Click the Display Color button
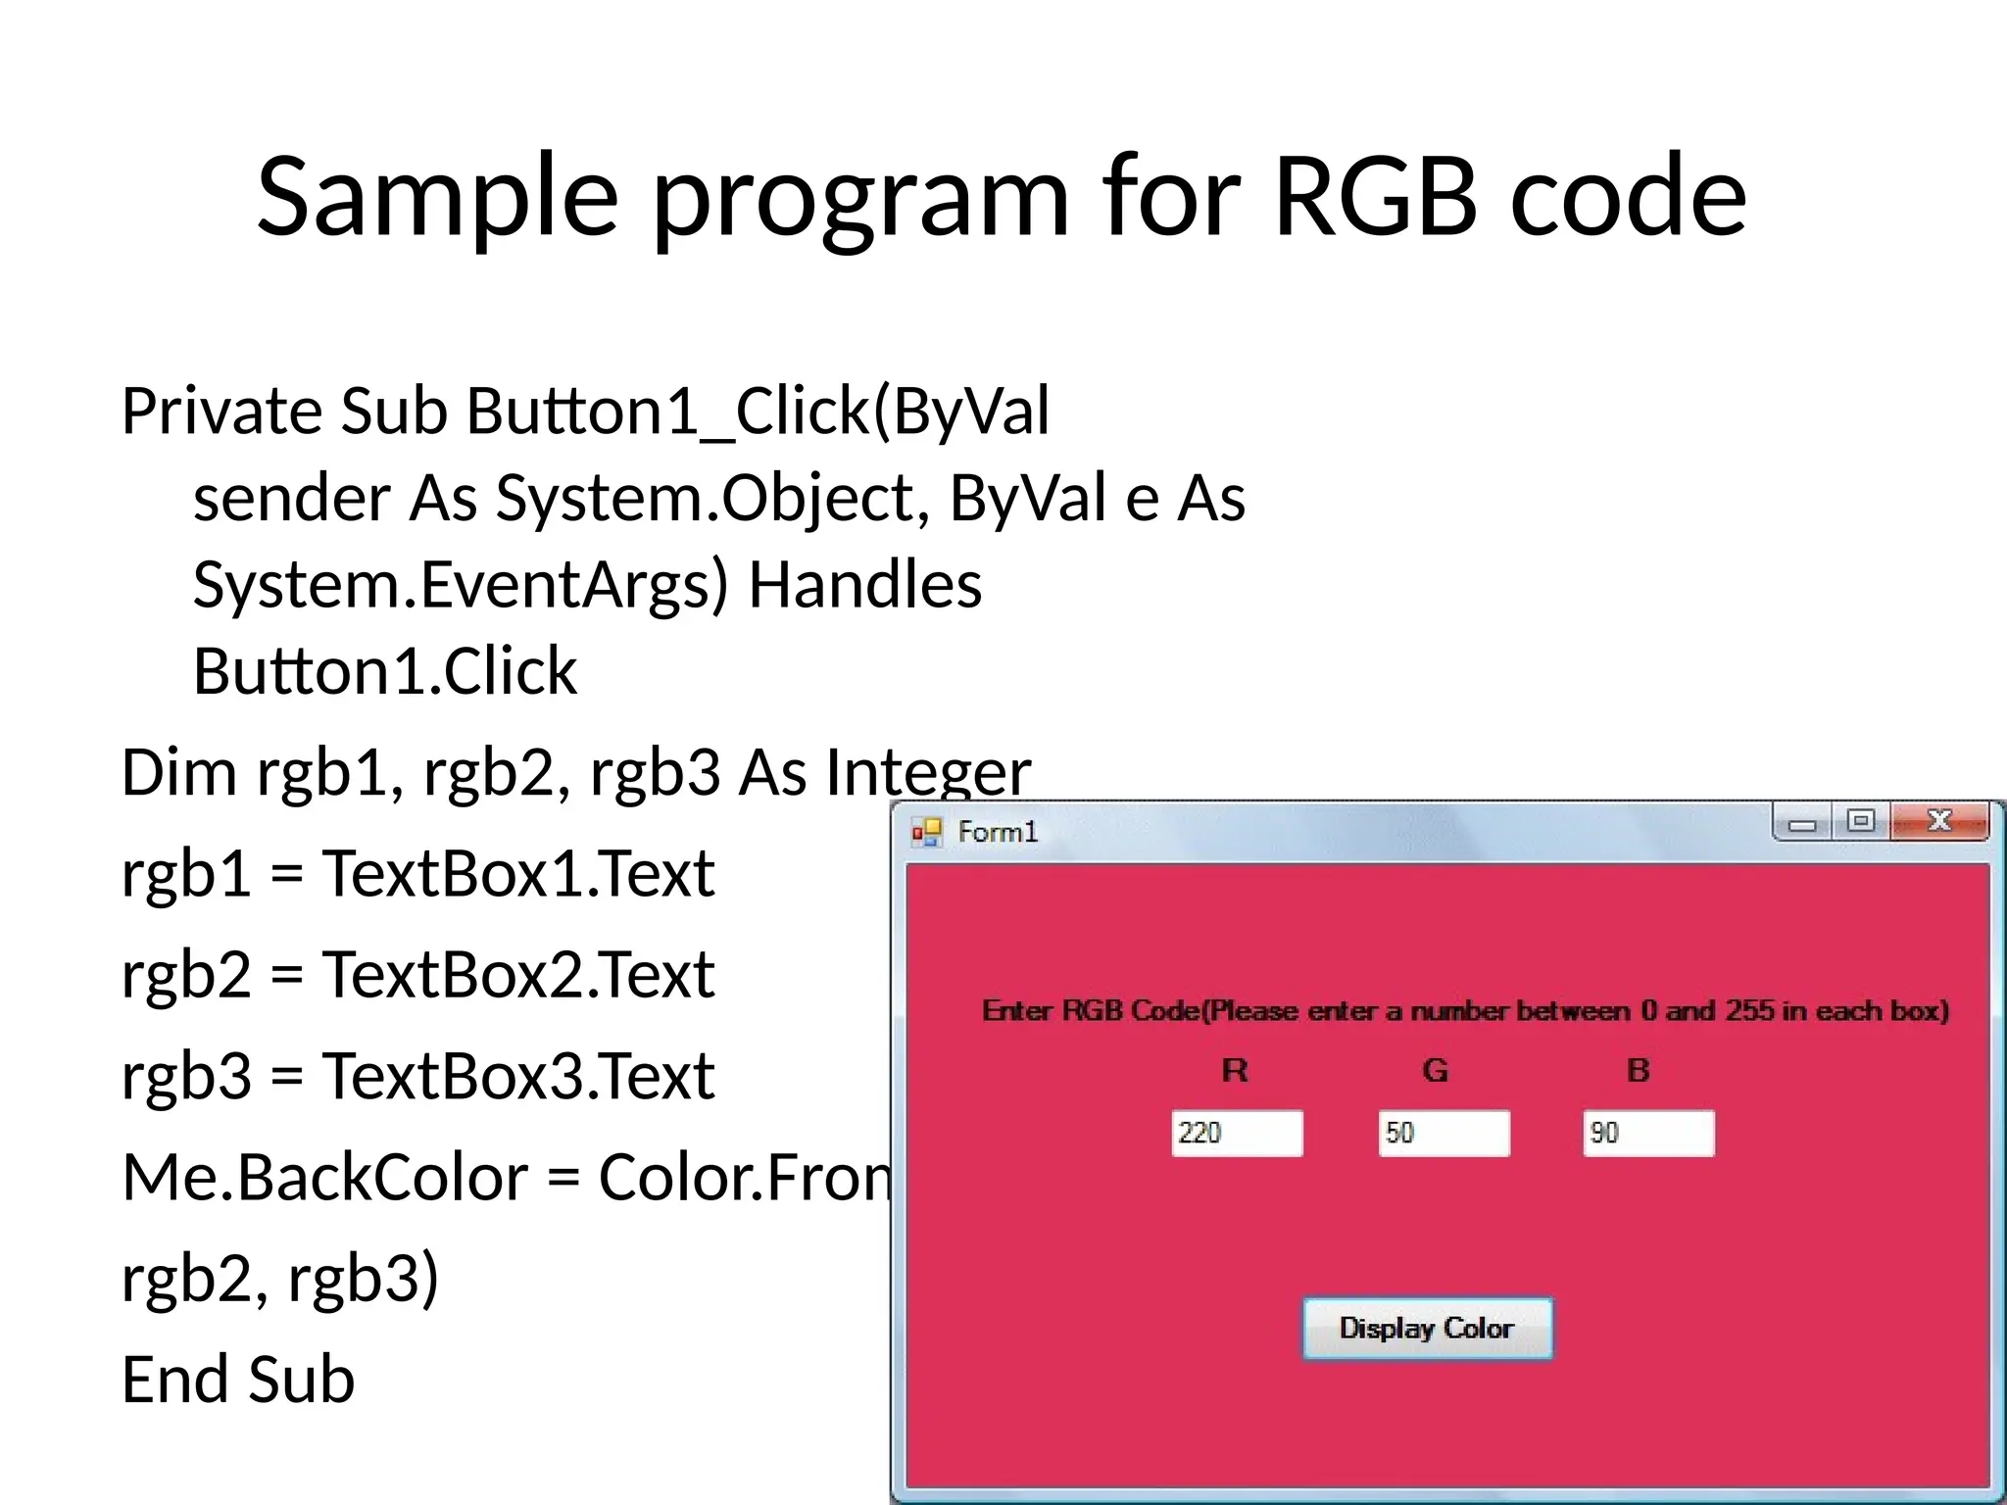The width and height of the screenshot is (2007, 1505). point(1427,1328)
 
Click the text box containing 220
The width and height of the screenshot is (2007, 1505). point(1237,1133)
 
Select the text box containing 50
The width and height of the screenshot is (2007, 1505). point(1444,1133)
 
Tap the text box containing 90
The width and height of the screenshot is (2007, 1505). point(1648,1133)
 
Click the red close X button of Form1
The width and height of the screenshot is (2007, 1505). point(1939,821)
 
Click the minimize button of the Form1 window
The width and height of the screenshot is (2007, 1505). point(1801,823)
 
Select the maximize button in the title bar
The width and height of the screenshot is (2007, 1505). point(1860,821)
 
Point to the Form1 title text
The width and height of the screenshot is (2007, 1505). point(997,832)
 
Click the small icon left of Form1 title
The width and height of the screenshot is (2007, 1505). point(926,833)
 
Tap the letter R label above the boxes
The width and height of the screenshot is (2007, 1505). point(1235,1070)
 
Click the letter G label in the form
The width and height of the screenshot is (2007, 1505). point(1435,1070)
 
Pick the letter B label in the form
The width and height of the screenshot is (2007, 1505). point(1638,1070)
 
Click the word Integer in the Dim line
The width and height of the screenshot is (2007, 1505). point(927,772)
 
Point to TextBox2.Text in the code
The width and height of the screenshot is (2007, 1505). point(518,975)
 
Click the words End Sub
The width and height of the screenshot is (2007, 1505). point(237,1380)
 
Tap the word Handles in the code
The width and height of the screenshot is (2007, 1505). point(864,585)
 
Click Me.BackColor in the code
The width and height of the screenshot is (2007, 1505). point(324,1177)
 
